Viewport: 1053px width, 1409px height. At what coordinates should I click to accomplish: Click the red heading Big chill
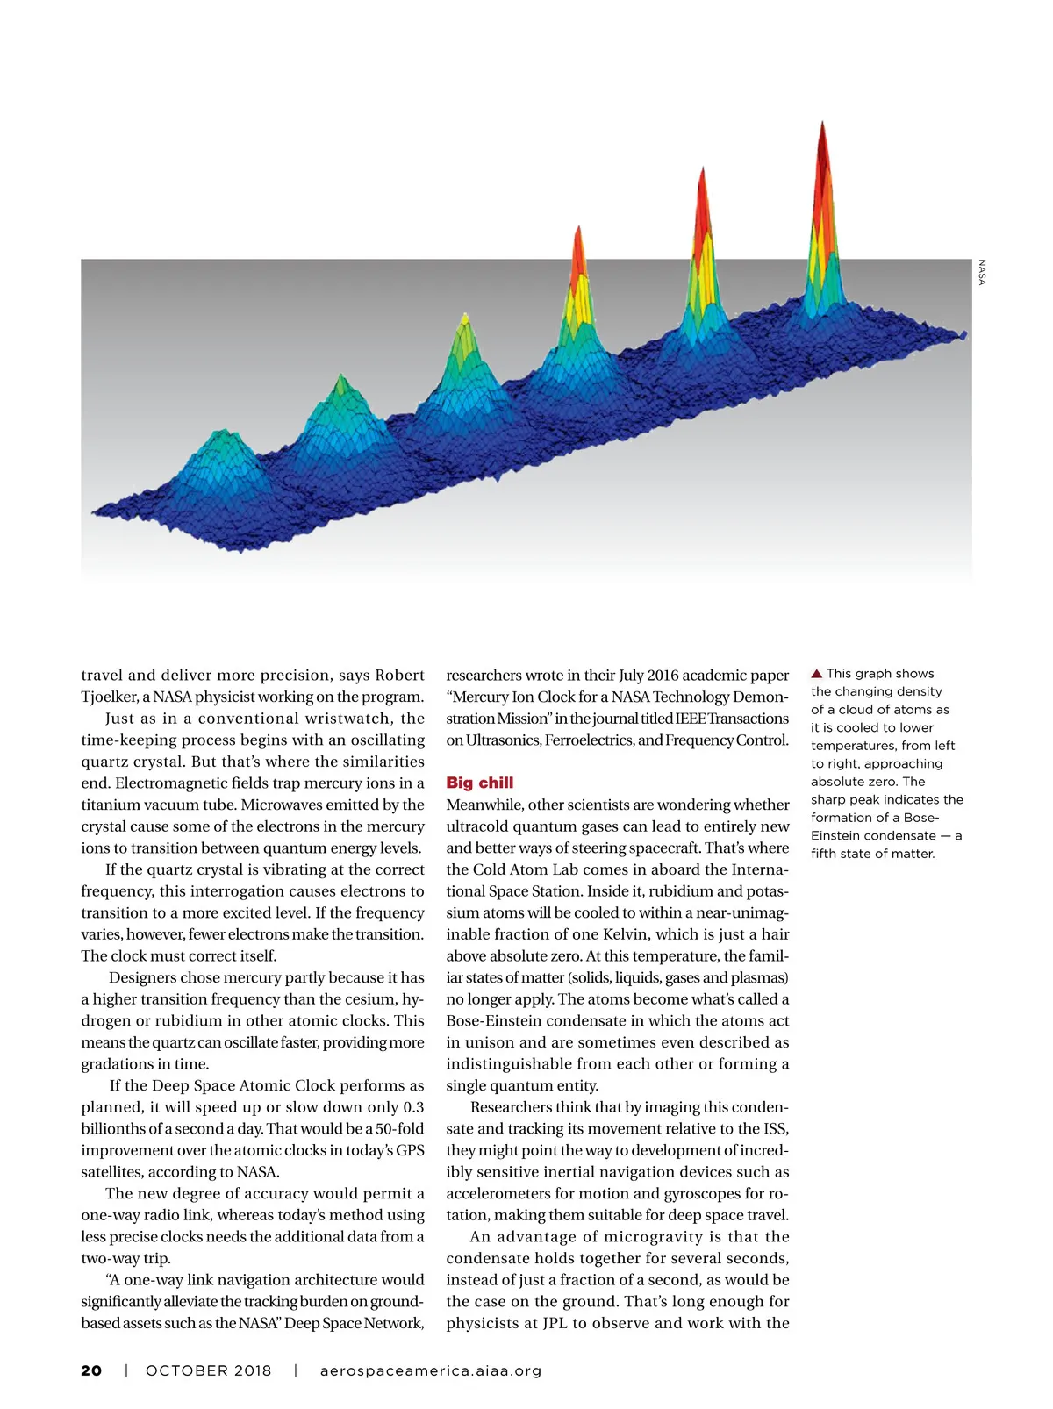coord(479,783)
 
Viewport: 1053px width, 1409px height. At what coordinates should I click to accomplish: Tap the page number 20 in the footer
coord(91,1370)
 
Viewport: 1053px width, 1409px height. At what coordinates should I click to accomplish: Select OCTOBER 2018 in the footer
coord(209,1370)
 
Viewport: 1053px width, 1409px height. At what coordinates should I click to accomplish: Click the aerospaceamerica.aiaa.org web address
coord(431,1370)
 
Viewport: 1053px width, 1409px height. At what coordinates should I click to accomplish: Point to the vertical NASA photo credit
coord(982,272)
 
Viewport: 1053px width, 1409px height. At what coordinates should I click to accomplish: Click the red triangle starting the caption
coord(816,674)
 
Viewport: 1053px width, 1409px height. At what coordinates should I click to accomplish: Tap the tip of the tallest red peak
coord(822,123)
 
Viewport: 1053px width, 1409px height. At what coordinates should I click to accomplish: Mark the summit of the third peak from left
coord(464,315)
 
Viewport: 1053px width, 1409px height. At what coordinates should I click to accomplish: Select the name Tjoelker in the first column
coord(110,697)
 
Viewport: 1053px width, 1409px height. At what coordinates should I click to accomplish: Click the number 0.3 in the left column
coord(413,1107)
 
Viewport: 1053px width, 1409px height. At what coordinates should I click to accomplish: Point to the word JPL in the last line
coord(555,1323)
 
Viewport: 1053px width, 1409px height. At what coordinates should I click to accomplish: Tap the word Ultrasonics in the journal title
coord(503,740)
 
